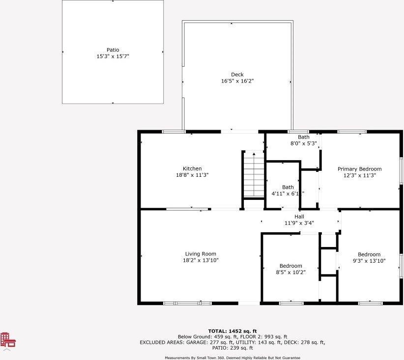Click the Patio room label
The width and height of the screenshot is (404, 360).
(113, 50)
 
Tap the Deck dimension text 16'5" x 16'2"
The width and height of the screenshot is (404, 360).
(237, 81)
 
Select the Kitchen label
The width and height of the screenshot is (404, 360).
(192, 168)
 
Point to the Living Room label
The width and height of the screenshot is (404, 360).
(201, 254)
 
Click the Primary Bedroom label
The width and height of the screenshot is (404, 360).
(359, 169)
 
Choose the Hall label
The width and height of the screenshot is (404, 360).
(299, 217)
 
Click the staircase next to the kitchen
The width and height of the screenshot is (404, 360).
(254, 175)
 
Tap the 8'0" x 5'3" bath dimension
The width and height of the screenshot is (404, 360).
(304, 143)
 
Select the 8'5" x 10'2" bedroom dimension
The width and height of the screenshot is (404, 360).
(290, 272)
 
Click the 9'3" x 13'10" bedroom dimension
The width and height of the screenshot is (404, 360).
(369, 261)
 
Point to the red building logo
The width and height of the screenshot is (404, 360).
(8, 340)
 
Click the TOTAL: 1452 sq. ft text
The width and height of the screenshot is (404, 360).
(232, 331)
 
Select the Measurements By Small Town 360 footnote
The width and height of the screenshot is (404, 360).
(232, 358)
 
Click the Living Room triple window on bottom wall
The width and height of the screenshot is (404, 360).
(187, 304)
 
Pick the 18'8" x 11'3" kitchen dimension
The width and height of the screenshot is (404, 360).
(192, 175)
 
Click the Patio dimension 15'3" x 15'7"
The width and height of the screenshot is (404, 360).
(113, 56)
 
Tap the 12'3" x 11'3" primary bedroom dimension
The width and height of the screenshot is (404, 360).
(360, 175)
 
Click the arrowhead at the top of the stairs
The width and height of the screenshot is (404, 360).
(254, 154)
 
